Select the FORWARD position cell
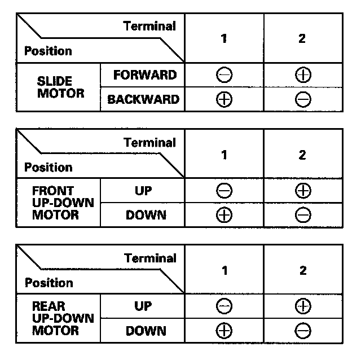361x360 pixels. pos(145,75)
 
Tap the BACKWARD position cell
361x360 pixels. pos(143,99)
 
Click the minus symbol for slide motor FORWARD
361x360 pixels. pos(224,75)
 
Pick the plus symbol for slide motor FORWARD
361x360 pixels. pos(303,75)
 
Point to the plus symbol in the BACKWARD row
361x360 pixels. pos(224,100)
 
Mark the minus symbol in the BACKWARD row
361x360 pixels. pos(303,100)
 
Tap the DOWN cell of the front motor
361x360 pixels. pos(146,215)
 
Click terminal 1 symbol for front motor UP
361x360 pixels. pos(224,191)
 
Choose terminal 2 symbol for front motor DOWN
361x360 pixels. pos(303,216)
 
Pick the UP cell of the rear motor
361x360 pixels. pos(143,306)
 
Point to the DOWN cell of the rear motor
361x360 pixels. pos(146,331)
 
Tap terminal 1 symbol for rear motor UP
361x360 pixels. pos(224,306)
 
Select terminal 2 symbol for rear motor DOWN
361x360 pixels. pos(303,331)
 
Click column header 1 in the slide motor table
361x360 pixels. pos(224,38)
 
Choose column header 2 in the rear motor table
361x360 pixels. pos(303,270)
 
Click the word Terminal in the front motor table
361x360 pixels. pos(150,142)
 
